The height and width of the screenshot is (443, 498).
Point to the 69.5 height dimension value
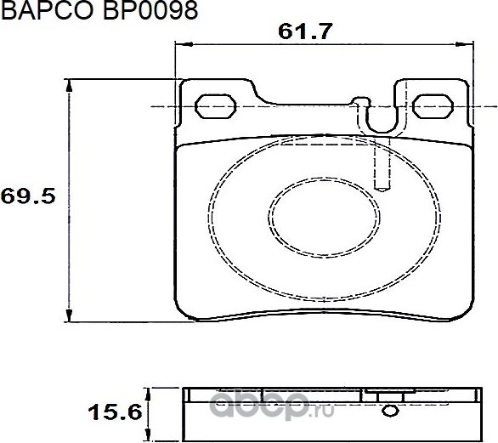pyautogui.click(x=28, y=196)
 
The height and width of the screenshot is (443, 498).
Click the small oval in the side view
pyautogui.click(x=390, y=413)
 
